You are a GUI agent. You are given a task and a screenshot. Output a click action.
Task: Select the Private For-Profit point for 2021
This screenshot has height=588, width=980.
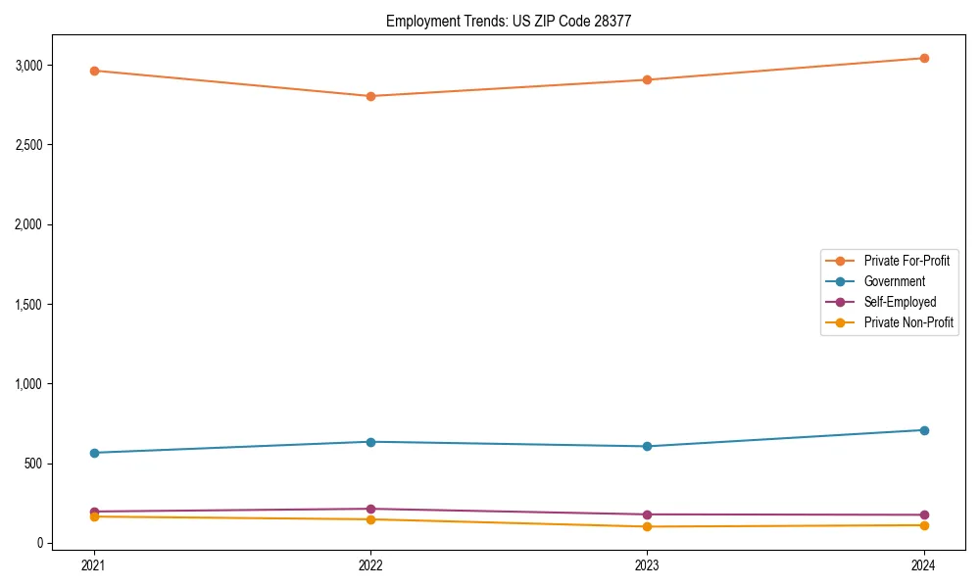point(94,71)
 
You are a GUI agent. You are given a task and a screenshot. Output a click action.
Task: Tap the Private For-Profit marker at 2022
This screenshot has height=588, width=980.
point(370,96)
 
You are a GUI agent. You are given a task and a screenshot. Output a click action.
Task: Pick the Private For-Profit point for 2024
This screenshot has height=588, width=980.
point(924,58)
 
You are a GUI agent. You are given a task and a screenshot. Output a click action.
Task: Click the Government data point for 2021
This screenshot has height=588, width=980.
point(94,453)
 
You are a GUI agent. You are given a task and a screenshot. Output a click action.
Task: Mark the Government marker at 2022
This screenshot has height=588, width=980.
point(370,442)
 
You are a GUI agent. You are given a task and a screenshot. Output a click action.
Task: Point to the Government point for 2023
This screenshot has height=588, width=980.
point(648,447)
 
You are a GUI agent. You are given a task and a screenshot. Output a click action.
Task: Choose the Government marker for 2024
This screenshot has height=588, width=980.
point(924,430)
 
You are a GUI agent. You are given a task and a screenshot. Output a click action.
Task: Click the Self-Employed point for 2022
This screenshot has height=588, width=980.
point(370,509)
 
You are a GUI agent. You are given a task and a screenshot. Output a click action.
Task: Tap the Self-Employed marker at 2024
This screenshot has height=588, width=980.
point(924,514)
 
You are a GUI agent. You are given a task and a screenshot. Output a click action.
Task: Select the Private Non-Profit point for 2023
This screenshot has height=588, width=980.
point(648,526)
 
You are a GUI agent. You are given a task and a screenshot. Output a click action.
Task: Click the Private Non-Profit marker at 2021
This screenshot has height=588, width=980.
point(94,516)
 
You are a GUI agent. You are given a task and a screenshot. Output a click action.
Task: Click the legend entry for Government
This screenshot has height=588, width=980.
point(894,281)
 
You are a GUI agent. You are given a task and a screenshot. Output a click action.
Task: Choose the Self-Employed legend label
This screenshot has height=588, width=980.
point(900,302)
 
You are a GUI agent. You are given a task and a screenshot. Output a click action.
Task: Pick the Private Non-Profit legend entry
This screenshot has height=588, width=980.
point(908,322)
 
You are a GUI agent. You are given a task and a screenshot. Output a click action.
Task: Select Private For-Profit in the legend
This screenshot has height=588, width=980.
point(906,261)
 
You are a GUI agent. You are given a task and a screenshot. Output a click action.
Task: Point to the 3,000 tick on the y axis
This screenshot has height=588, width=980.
point(28,66)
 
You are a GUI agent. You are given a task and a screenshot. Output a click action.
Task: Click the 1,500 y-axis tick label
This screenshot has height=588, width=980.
point(28,305)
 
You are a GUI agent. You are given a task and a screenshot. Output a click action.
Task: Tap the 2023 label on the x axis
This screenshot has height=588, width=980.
point(648,564)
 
